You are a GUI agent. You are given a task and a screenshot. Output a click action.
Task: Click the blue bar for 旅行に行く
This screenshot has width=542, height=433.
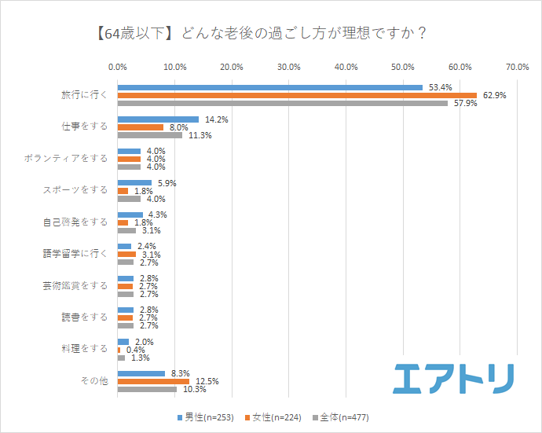270,87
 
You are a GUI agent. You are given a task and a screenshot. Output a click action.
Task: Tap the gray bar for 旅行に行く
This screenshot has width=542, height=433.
283,103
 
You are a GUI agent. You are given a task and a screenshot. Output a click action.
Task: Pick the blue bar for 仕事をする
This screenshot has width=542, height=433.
158,119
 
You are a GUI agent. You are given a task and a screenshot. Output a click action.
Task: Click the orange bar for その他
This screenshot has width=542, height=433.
153,381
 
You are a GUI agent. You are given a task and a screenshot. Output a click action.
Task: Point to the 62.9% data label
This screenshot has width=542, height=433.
494,95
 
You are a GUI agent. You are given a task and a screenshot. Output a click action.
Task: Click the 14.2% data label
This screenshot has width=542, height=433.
216,119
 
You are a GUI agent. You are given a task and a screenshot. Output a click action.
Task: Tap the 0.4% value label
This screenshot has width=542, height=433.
137,350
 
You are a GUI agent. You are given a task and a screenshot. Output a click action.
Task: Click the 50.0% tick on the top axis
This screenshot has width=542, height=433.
404,68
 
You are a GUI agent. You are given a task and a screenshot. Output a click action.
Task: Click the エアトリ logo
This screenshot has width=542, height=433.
453,377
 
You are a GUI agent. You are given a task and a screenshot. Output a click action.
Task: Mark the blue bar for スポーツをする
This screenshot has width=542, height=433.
134,183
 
